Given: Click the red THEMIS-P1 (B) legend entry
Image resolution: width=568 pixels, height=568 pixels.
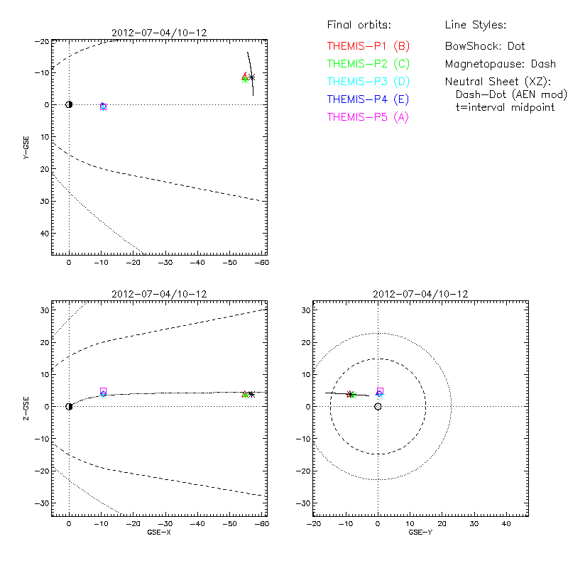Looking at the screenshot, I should click(x=368, y=46).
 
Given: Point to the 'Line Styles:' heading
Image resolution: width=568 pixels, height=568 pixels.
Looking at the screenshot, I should click(x=475, y=26).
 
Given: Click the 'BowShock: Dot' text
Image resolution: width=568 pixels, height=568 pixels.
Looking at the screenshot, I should click(x=485, y=46).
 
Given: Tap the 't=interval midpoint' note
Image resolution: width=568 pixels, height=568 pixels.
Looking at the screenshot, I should click(x=505, y=107).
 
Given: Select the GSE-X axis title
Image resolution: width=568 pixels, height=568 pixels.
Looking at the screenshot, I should click(x=158, y=532).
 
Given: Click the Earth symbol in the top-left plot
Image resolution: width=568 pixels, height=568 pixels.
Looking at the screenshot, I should click(x=69, y=104).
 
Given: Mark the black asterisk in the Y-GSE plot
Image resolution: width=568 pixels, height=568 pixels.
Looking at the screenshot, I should click(x=251, y=77).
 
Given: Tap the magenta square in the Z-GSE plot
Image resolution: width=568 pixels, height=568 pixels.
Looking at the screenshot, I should click(x=104, y=390).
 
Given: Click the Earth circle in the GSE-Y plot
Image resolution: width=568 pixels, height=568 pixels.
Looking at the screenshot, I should click(x=378, y=407).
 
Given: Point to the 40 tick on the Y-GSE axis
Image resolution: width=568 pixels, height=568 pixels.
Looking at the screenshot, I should click(x=44, y=234).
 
